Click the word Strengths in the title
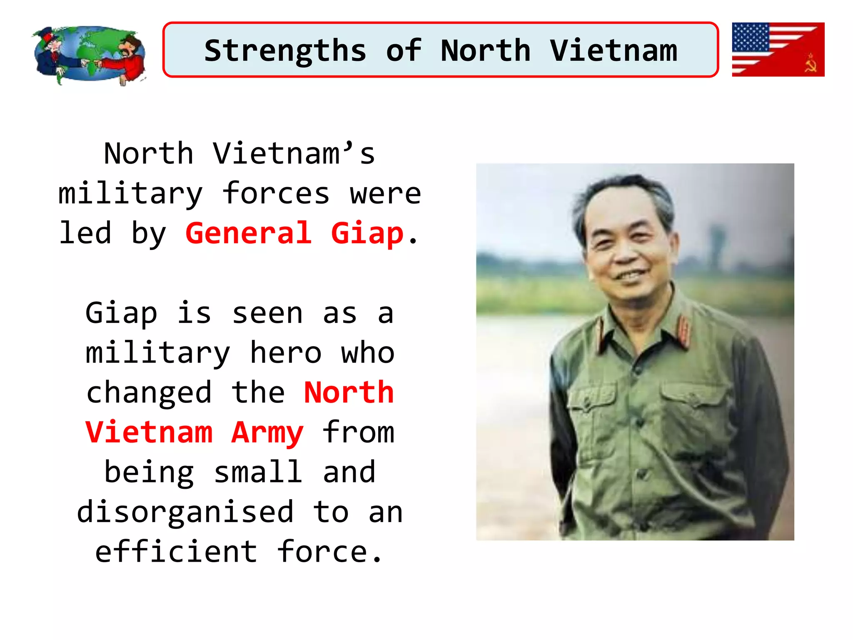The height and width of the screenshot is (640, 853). click(x=285, y=51)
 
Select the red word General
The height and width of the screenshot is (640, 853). click(x=249, y=233)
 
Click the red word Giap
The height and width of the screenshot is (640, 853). click(x=367, y=234)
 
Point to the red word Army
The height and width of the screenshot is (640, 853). click(x=267, y=433)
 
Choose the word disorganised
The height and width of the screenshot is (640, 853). click(x=185, y=512)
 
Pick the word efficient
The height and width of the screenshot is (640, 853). click(x=176, y=552)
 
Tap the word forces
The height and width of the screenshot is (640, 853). click(x=276, y=194)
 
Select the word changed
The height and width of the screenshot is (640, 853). click(x=149, y=393)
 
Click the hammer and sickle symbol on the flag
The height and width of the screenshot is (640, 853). click(x=810, y=63)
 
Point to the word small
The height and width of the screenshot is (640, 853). click(x=258, y=472)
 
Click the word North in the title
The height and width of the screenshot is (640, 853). click(x=485, y=51)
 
